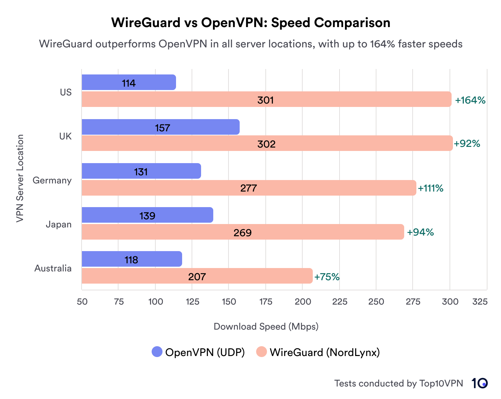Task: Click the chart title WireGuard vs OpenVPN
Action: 250,23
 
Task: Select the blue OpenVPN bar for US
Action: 129,83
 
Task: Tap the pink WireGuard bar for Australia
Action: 197,276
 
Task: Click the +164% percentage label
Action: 470,100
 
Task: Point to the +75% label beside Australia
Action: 327,277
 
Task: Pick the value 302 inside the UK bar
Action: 266,144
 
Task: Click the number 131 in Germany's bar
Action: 141,172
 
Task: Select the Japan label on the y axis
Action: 59,224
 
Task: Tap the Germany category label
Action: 52,180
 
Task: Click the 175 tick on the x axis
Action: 266,302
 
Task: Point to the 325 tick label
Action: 480,302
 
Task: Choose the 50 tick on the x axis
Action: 82,302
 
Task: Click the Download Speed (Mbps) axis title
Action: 266,327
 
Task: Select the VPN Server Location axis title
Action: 20,178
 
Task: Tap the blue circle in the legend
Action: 157,352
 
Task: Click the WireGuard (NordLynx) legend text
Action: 325,352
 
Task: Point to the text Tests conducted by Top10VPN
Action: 398,383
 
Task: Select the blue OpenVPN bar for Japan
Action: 147,215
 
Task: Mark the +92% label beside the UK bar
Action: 467,143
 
